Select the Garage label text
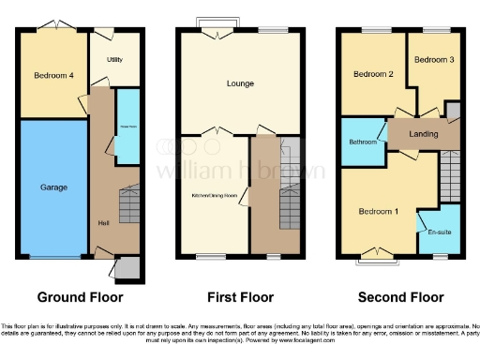[x=53, y=187]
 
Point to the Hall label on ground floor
[x=104, y=222]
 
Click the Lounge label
[x=240, y=83]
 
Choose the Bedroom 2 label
[x=371, y=73]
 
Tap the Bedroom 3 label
[x=433, y=59]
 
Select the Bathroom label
[x=362, y=142]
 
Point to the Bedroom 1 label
[x=379, y=211]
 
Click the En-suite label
[x=438, y=231]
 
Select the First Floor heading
[x=240, y=297]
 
